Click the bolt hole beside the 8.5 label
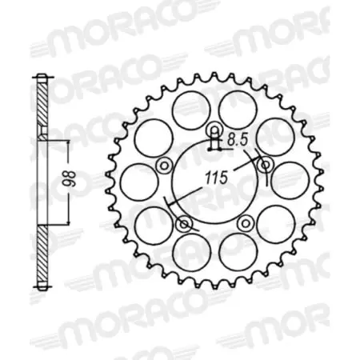[x=214, y=130]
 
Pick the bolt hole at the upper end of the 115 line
[x=264, y=164]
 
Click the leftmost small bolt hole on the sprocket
[x=164, y=165]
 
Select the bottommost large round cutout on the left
[x=189, y=249]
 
